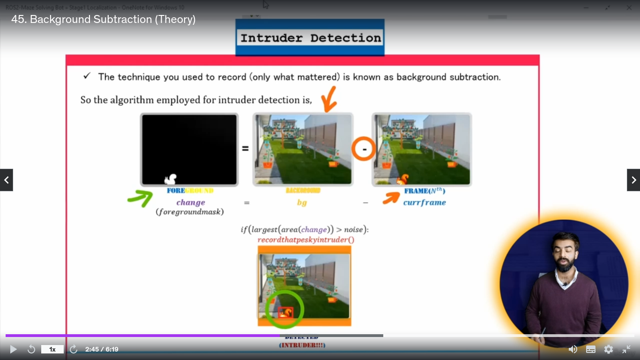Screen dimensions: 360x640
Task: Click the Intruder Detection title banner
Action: [x=310, y=37]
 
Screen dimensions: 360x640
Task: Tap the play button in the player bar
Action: [x=13, y=349]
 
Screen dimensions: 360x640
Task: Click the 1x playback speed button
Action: [x=52, y=349]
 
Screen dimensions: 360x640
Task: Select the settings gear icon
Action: [x=609, y=349]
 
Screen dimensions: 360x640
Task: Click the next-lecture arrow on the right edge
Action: [x=633, y=180]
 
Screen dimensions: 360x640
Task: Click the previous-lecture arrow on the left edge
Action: [x=7, y=180]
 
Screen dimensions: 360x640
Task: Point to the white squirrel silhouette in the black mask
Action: [x=171, y=179]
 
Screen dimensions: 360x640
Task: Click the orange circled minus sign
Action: [x=364, y=149]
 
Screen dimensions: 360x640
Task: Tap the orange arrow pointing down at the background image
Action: [x=329, y=98]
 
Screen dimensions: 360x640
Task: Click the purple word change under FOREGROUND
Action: [x=191, y=202]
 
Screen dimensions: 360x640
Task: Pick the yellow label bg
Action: [x=302, y=202]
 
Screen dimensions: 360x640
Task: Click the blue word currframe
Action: [x=424, y=202]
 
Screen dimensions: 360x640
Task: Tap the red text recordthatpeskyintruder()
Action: [x=305, y=240]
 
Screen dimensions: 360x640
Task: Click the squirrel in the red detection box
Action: [x=285, y=312]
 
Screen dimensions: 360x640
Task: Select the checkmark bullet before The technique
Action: [x=87, y=76]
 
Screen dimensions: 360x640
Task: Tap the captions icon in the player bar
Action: [x=591, y=349]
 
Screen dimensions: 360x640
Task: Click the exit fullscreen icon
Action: [x=626, y=349]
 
